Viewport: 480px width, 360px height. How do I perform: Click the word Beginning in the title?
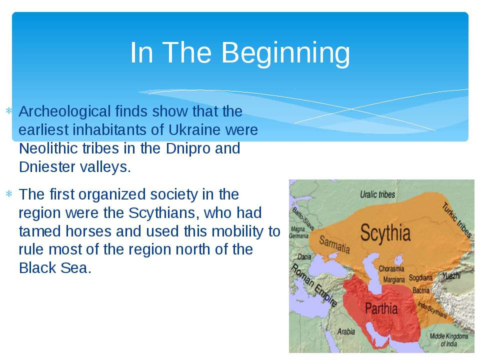[x=285, y=53]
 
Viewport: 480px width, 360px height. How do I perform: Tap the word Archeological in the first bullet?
[x=64, y=111]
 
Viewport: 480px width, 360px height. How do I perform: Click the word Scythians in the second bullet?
[x=164, y=213]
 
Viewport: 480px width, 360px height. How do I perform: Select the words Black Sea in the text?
[x=55, y=268]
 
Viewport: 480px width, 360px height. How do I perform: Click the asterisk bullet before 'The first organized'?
[x=9, y=194]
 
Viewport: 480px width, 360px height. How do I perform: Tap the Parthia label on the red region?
[x=381, y=308]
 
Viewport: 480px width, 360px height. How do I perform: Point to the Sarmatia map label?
[x=334, y=244]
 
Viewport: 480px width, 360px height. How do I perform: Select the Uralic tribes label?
[x=377, y=194]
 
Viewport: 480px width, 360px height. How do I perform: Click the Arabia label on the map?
[x=346, y=331]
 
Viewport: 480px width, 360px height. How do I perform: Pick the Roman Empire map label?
[x=313, y=285]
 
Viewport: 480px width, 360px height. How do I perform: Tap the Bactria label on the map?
[x=421, y=290]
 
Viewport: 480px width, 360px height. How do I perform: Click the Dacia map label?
[x=304, y=257]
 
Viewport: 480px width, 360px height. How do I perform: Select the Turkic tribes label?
[x=456, y=220]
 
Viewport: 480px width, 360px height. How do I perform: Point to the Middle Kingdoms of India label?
[x=449, y=340]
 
